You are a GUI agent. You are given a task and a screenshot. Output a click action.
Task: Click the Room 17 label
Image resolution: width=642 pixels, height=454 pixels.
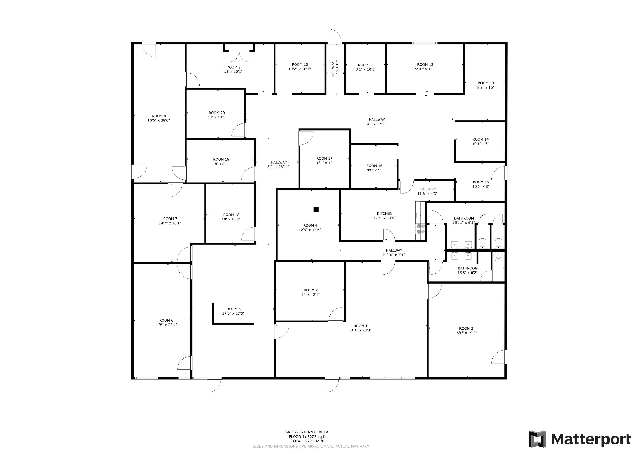[x=324, y=158]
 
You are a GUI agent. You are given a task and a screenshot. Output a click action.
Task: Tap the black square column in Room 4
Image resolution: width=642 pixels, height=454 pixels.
[x=316, y=210]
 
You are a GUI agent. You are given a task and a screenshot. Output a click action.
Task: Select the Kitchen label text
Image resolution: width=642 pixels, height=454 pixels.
[x=385, y=214]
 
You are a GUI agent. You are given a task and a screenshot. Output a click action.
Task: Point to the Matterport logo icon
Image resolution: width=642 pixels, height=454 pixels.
[x=537, y=439]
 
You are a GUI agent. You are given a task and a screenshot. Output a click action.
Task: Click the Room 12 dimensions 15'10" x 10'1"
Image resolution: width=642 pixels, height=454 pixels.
[x=425, y=69]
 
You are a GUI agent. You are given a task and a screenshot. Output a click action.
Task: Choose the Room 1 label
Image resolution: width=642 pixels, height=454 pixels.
[x=361, y=326]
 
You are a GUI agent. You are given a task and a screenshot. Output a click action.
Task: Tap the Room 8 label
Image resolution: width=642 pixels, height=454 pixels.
[x=159, y=116]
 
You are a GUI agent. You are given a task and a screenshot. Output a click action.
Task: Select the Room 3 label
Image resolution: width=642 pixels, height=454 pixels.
[x=466, y=329]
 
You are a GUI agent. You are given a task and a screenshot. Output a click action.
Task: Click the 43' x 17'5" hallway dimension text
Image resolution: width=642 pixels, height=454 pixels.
[x=376, y=124]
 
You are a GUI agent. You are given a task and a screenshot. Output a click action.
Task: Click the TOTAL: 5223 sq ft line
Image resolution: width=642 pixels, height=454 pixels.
[x=307, y=441]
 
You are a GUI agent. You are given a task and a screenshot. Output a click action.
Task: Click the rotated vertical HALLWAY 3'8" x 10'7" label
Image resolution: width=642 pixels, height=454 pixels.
[x=335, y=70]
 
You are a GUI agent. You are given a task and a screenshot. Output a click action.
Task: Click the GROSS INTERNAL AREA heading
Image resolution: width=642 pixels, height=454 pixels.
[x=307, y=432]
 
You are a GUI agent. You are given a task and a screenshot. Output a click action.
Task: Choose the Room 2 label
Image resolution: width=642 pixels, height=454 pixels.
[x=311, y=290]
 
